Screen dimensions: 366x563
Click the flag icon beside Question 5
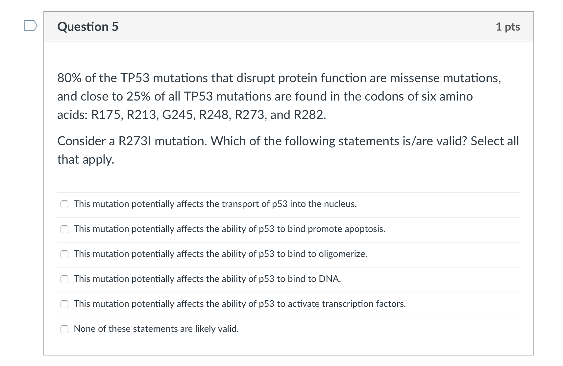(x=31, y=25)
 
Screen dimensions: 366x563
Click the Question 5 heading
(x=88, y=27)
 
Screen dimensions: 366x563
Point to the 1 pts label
(x=508, y=27)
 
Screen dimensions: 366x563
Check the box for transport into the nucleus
(x=64, y=204)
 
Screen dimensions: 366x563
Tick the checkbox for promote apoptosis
(x=64, y=229)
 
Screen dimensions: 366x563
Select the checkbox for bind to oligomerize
(x=64, y=254)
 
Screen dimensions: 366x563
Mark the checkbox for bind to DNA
(x=64, y=279)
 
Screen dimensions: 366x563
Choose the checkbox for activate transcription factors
(x=64, y=304)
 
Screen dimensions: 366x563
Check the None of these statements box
(x=64, y=329)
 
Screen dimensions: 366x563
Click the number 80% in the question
(x=69, y=78)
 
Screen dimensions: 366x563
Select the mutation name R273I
(x=135, y=141)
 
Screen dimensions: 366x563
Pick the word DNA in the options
(x=330, y=279)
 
